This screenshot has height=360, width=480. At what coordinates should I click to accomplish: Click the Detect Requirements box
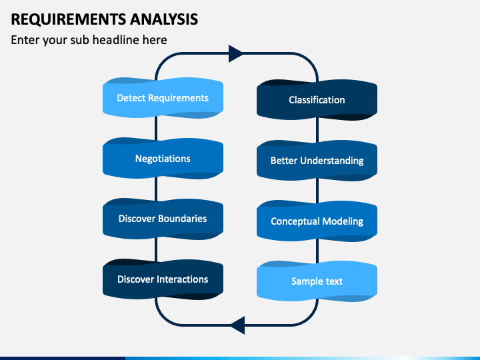(163, 98)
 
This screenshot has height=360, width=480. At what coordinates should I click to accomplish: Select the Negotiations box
(163, 158)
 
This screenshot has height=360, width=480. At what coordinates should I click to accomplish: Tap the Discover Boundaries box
(163, 219)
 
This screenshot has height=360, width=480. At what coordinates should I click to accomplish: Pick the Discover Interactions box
(163, 279)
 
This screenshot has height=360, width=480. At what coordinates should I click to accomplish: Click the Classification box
(317, 100)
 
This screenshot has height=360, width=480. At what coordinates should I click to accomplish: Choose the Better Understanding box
(317, 161)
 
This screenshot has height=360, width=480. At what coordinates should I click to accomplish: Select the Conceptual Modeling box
(317, 221)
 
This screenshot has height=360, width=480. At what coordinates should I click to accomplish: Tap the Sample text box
(317, 281)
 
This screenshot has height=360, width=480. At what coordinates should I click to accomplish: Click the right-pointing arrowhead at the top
(236, 53)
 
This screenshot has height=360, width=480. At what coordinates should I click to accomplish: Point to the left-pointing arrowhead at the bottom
(237, 325)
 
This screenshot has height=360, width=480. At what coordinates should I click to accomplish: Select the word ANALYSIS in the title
(164, 19)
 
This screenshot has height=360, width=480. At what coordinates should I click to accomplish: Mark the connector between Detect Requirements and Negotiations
(156, 128)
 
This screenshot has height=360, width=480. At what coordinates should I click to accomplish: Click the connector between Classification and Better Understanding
(317, 130)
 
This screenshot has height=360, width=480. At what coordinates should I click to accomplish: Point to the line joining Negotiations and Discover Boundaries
(156, 189)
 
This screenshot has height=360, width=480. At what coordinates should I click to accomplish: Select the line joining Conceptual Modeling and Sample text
(317, 251)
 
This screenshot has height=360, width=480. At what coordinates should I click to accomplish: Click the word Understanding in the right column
(332, 161)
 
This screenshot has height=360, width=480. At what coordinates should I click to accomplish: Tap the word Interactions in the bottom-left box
(182, 279)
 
